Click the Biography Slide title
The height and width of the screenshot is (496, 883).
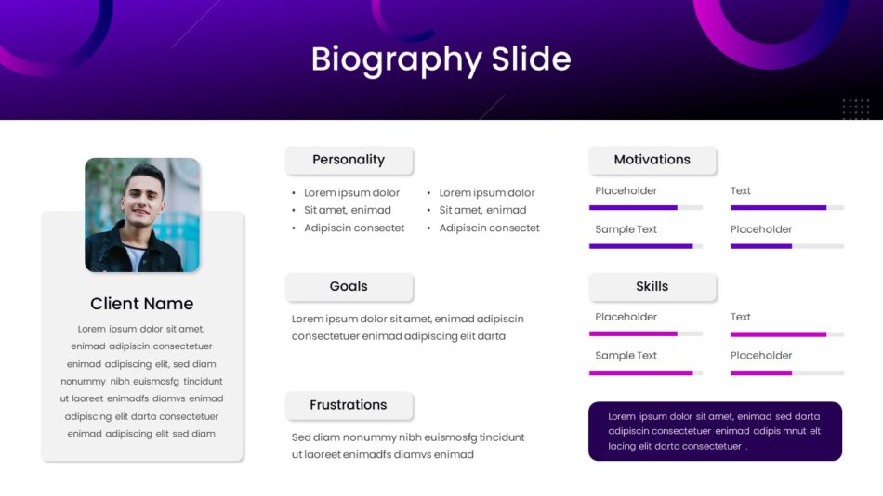coord(441,59)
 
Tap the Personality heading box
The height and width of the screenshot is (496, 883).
coord(349,161)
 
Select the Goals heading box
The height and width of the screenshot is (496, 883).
coord(349,287)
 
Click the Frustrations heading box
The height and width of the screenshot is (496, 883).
coord(349,405)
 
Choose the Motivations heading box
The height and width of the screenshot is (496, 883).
coord(652,161)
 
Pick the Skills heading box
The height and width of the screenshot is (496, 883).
coord(652,287)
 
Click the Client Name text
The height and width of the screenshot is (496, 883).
coord(142,304)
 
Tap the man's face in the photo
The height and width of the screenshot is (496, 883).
coord(143,194)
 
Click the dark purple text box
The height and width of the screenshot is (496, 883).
coord(715,431)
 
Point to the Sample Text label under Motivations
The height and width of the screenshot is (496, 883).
coord(626,229)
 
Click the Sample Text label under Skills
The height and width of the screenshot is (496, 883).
coord(626,355)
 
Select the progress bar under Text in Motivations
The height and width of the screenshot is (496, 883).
coord(787,208)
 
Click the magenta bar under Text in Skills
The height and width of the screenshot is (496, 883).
coord(778,334)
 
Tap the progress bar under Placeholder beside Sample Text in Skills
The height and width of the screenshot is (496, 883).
coord(787,372)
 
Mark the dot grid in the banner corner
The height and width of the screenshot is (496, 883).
coord(856,109)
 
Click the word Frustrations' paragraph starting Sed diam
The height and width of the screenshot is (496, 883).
coord(408,446)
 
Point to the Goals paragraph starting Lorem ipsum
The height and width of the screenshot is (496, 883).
coord(408,327)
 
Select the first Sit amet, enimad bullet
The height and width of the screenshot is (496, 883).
coord(348,210)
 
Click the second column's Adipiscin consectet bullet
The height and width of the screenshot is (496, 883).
coord(489,228)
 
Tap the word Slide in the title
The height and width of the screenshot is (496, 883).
coord(531,59)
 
